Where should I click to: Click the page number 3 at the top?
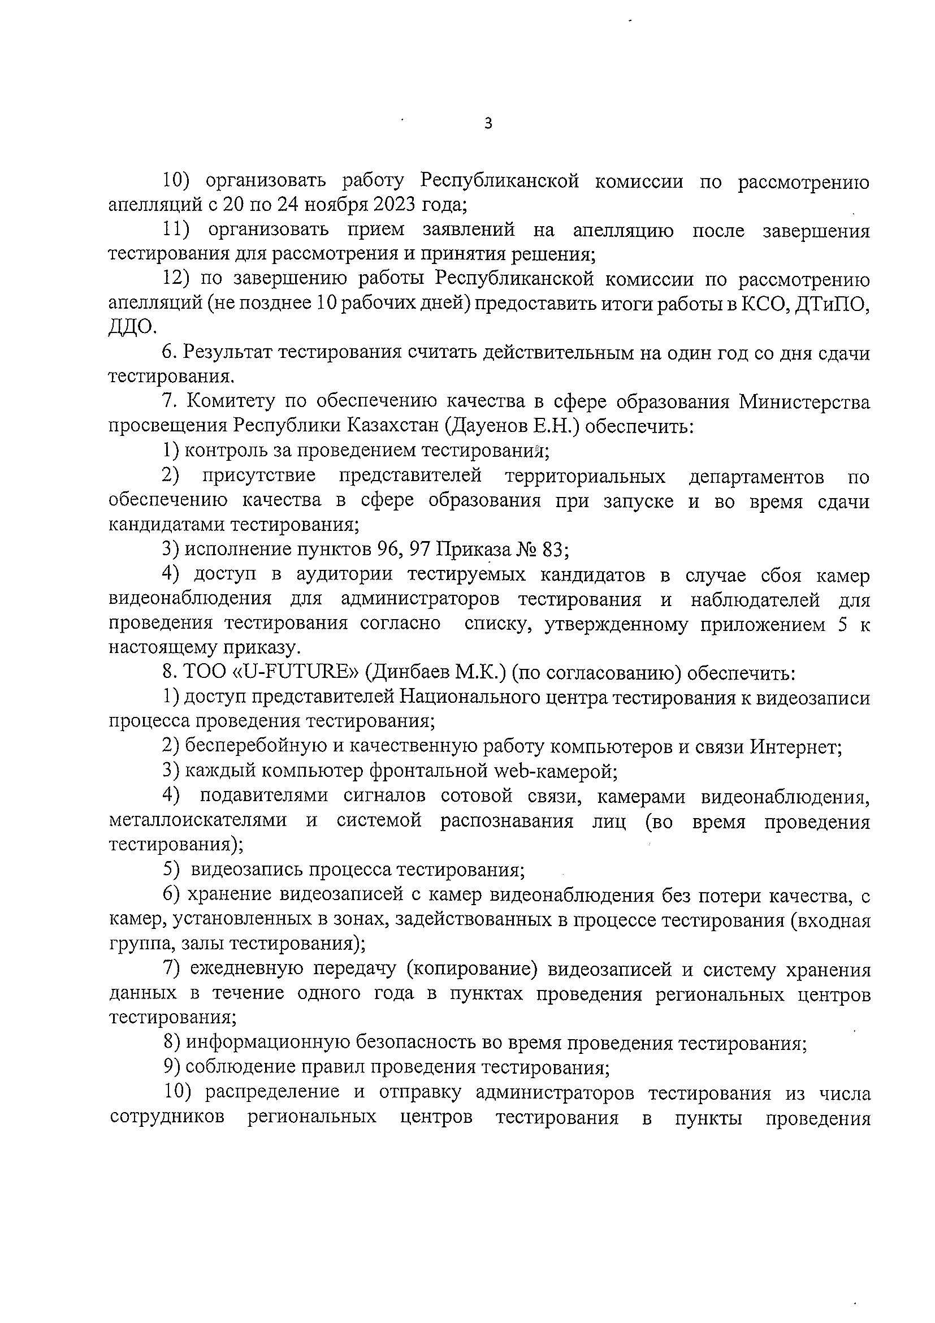488,124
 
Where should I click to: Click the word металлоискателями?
198,820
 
